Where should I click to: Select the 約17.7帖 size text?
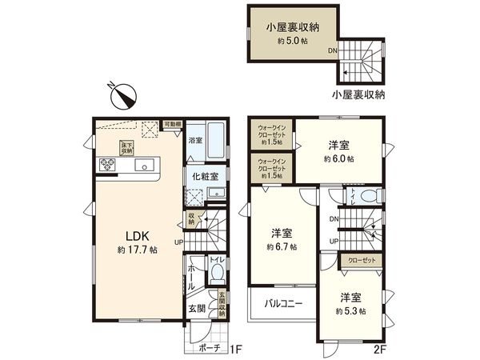pyautogui.click(x=135, y=250)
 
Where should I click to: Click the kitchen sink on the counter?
pyautogui.click(x=145, y=166)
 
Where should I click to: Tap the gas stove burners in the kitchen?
pyautogui.click(x=108, y=166)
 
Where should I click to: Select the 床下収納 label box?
pyautogui.click(x=126, y=149)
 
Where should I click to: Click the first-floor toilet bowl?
pyautogui.click(x=216, y=274)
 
